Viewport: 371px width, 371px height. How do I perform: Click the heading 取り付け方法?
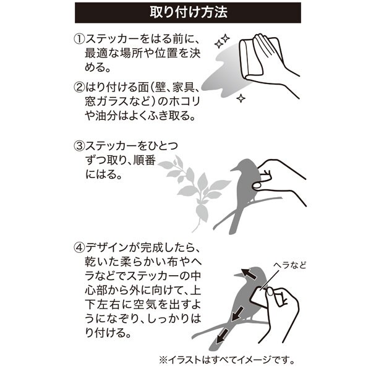point(189,12)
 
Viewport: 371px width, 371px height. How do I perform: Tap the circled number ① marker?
point(79,40)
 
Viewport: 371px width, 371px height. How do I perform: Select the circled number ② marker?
point(79,88)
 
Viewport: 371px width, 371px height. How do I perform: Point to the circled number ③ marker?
point(79,146)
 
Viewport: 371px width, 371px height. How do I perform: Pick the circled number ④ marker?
point(79,248)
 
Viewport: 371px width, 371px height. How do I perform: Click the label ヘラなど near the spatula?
point(290,265)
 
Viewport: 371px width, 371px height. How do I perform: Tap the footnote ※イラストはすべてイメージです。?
point(227,360)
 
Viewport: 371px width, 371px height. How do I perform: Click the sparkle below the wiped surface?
point(241,98)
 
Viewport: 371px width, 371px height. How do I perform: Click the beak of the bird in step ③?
point(235,169)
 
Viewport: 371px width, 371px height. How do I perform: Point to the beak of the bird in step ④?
point(238,275)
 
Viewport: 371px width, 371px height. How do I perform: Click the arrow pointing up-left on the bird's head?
point(249,274)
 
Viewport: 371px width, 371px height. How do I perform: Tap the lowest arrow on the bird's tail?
point(223,336)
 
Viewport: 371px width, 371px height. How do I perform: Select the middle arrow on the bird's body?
point(237,314)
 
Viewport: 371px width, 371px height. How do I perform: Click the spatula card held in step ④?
point(259,297)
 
